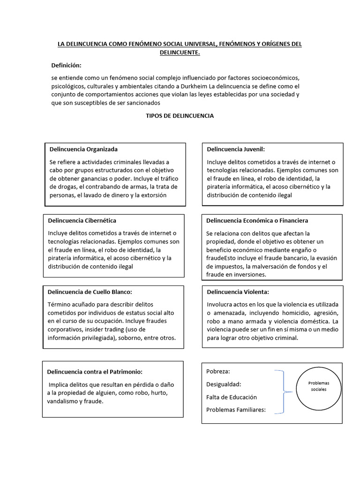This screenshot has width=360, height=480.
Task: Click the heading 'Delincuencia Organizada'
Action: point(83,150)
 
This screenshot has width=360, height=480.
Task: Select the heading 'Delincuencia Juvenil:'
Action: point(236,150)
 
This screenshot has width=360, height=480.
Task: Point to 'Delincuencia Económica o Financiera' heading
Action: point(257,220)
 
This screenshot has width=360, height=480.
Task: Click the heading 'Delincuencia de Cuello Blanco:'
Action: point(90,292)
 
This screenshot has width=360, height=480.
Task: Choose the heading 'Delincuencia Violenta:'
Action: point(238,292)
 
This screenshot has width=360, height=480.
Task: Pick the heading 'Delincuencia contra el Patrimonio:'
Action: point(94,372)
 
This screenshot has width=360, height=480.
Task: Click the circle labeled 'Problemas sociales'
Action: point(319,387)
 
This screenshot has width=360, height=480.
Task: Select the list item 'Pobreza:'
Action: point(218,371)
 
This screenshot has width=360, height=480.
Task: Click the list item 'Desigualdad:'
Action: point(224,384)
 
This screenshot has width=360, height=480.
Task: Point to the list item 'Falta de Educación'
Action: point(232,397)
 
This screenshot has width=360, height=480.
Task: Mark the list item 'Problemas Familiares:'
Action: point(236,410)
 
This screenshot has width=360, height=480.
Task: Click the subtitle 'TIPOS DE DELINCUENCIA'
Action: point(180,116)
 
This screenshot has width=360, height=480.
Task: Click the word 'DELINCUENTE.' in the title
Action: point(180,53)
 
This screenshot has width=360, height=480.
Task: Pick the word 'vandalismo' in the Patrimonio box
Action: point(64,401)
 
